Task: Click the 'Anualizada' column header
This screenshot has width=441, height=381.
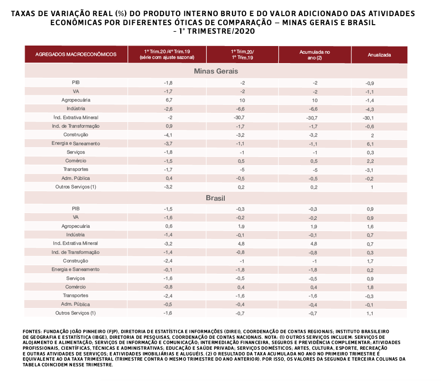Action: pyautogui.click(x=379, y=55)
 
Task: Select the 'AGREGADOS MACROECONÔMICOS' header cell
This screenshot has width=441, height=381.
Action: pyautogui.click(x=76, y=55)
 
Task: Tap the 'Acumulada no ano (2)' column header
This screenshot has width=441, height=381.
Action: pyautogui.click(x=314, y=55)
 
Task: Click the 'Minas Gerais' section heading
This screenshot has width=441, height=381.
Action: pyautogui.click(x=216, y=71)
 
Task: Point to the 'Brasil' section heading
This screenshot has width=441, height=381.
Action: pyautogui.click(x=216, y=197)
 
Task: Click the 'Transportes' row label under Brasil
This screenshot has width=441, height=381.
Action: pyautogui.click(x=76, y=296)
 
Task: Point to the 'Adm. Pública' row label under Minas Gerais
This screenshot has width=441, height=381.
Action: pyautogui.click(x=76, y=178)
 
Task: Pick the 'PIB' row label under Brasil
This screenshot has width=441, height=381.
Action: pyautogui.click(x=76, y=209)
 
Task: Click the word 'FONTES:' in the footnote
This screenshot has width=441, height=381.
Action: pyautogui.click(x=32, y=331)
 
